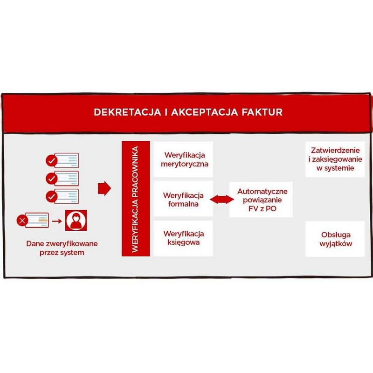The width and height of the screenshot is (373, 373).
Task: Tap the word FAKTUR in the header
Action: [x=262, y=112]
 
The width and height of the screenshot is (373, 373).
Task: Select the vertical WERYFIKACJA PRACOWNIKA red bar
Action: [x=135, y=199]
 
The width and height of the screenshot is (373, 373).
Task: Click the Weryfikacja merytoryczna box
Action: [x=184, y=159]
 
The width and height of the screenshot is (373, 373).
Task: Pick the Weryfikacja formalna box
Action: [x=184, y=199]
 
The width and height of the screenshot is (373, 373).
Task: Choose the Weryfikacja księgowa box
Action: [x=184, y=238]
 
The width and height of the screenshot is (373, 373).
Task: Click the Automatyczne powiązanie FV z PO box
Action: [x=262, y=199]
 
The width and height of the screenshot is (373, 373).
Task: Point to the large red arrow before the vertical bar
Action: [x=104, y=189]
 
